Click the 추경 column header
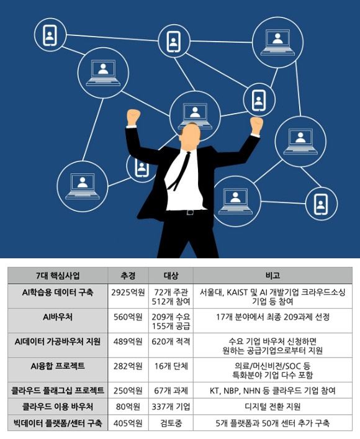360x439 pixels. (x=128, y=276)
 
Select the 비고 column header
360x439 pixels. (x=272, y=276)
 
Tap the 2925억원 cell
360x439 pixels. (x=128, y=292)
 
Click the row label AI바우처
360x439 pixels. (x=58, y=317)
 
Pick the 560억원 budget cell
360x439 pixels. (x=128, y=317)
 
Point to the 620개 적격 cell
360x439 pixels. (x=171, y=342)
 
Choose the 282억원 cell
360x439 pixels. (x=128, y=366)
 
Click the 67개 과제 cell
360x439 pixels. (x=171, y=391)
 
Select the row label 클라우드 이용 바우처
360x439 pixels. (x=58, y=407)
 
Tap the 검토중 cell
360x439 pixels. (x=171, y=423)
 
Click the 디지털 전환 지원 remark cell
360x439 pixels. (x=272, y=407)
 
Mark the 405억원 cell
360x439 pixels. (x=128, y=423)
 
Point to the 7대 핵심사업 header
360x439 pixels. (x=58, y=276)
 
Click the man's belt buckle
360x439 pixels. (x=191, y=212)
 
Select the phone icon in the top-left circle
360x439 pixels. (x=50, y=35)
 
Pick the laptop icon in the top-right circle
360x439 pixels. (x=277, y=42)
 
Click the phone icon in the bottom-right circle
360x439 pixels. (x=321, y=204)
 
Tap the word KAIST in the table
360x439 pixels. (x=237, y=292)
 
